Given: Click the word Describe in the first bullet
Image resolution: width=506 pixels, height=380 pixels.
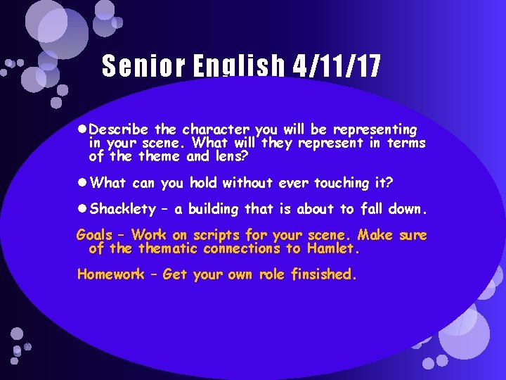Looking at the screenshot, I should [120, 130].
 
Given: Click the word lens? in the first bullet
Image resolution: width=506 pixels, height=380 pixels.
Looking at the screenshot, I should [227, 157].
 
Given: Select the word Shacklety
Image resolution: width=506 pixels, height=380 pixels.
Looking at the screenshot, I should [123, 209].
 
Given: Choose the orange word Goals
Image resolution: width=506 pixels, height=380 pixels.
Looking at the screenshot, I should [95, 235].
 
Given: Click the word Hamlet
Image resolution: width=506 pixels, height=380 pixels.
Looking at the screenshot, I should [335, 248].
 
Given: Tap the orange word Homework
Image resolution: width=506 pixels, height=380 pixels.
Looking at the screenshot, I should [109, 274].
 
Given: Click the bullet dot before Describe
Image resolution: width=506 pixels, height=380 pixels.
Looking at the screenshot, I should [82, 130].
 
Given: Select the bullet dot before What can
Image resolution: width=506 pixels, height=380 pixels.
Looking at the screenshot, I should [82, 183].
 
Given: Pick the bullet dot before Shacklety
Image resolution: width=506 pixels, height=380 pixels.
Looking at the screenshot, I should [82, 209].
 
